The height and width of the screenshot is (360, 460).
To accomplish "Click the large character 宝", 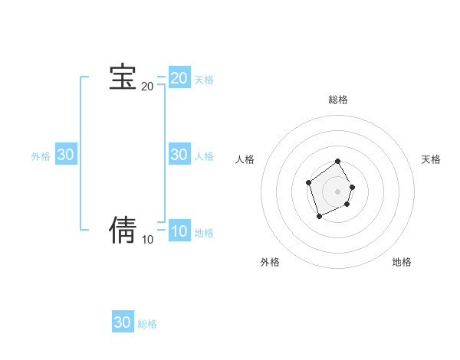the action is point(123,77).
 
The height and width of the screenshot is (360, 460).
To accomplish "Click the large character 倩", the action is point(123,229).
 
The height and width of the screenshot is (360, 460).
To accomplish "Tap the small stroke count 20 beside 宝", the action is point(147,87).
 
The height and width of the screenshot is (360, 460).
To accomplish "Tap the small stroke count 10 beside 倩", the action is point(147,240).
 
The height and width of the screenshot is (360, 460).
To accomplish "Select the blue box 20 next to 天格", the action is point(179,78).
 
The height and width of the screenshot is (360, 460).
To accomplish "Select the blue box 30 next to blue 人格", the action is point(179,155).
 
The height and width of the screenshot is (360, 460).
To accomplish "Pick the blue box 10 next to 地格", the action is point(179,231).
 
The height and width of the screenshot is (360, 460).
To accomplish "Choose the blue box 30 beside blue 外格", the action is point(66,155).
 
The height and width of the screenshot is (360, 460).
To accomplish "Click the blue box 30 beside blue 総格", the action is point(123,322).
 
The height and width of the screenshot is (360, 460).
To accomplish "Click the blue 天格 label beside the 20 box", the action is point(204,80).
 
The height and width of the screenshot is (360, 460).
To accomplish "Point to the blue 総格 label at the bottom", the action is point(147,324).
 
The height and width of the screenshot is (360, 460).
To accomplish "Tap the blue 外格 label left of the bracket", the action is point(41,156).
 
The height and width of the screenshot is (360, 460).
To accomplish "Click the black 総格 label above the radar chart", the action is point(338,100).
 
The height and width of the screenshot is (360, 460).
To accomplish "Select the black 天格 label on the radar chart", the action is point(431,159).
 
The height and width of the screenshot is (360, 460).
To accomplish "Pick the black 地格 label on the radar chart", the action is point(402,262).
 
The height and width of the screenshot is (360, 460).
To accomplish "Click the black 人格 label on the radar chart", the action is point(245,159).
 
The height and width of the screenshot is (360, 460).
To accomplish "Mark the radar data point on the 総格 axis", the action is point(338,162).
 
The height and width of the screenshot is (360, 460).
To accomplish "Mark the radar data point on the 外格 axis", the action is point(320,217).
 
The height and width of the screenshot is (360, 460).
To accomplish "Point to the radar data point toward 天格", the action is point(353,187).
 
